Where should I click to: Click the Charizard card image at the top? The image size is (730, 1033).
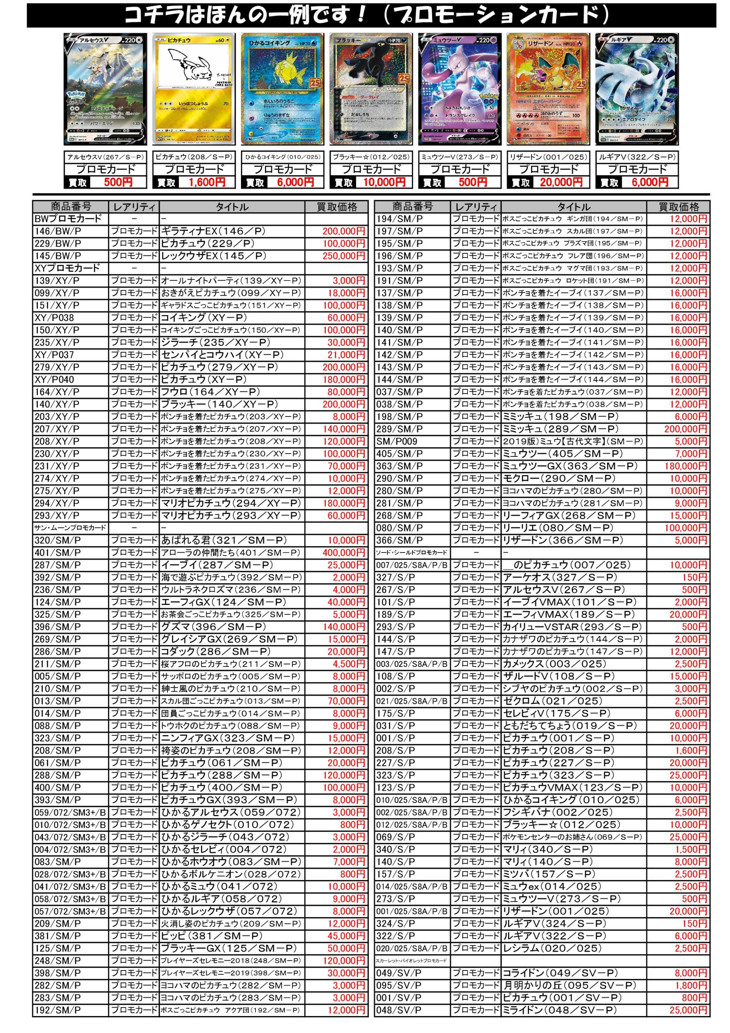point(548,89)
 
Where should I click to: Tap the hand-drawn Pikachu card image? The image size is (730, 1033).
point(194,89)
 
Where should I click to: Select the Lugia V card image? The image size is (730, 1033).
point(636,89)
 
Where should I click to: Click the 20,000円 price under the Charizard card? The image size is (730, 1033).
point(561,182)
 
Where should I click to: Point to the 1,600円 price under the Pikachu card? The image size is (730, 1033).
point(207,182)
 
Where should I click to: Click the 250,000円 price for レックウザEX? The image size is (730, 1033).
point(343,256)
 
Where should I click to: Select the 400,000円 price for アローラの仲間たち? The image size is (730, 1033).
point(343,552)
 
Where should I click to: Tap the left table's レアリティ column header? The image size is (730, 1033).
point(134,207)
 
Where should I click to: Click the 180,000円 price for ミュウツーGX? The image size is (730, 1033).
point(686,466)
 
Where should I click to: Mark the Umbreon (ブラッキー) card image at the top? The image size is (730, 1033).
point(371,89)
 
